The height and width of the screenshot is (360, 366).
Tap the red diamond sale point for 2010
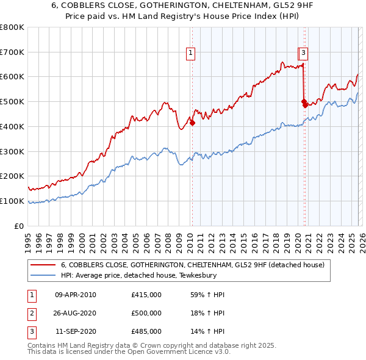(x=192, y=123)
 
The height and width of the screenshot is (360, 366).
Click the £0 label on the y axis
(x=20, y=226)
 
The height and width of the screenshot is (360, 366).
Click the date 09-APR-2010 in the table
(x=76, y=295)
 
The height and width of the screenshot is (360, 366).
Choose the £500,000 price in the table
(x=146, y=313)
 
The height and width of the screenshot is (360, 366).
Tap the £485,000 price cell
(x=146, y=331)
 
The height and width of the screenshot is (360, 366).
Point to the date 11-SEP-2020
(x=76, y=331)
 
